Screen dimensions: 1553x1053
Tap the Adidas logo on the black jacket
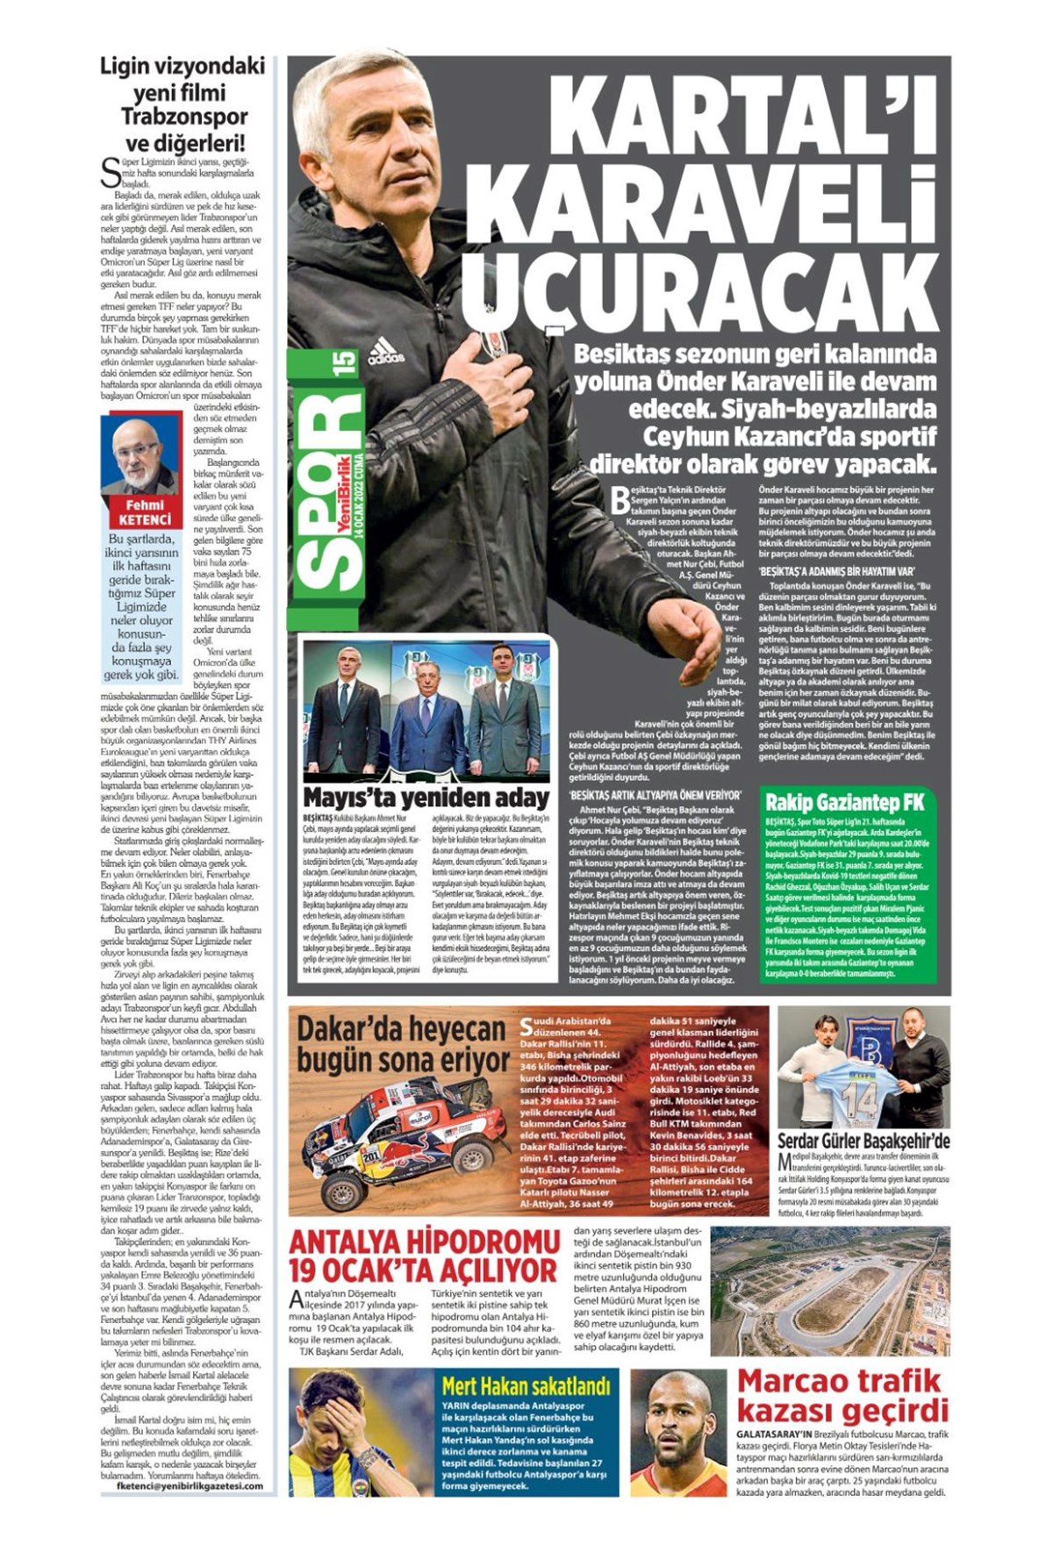[x=386, y=352]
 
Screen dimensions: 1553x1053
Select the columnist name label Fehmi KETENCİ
[x=145, y=512]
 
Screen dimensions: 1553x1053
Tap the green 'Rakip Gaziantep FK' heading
[x=844, y=802]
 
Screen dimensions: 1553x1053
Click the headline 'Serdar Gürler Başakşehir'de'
[x=863, y=1141]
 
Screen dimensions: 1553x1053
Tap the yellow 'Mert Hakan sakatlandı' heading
[x=526, y=1386]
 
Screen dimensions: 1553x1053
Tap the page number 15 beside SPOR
[x=343, y=362]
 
